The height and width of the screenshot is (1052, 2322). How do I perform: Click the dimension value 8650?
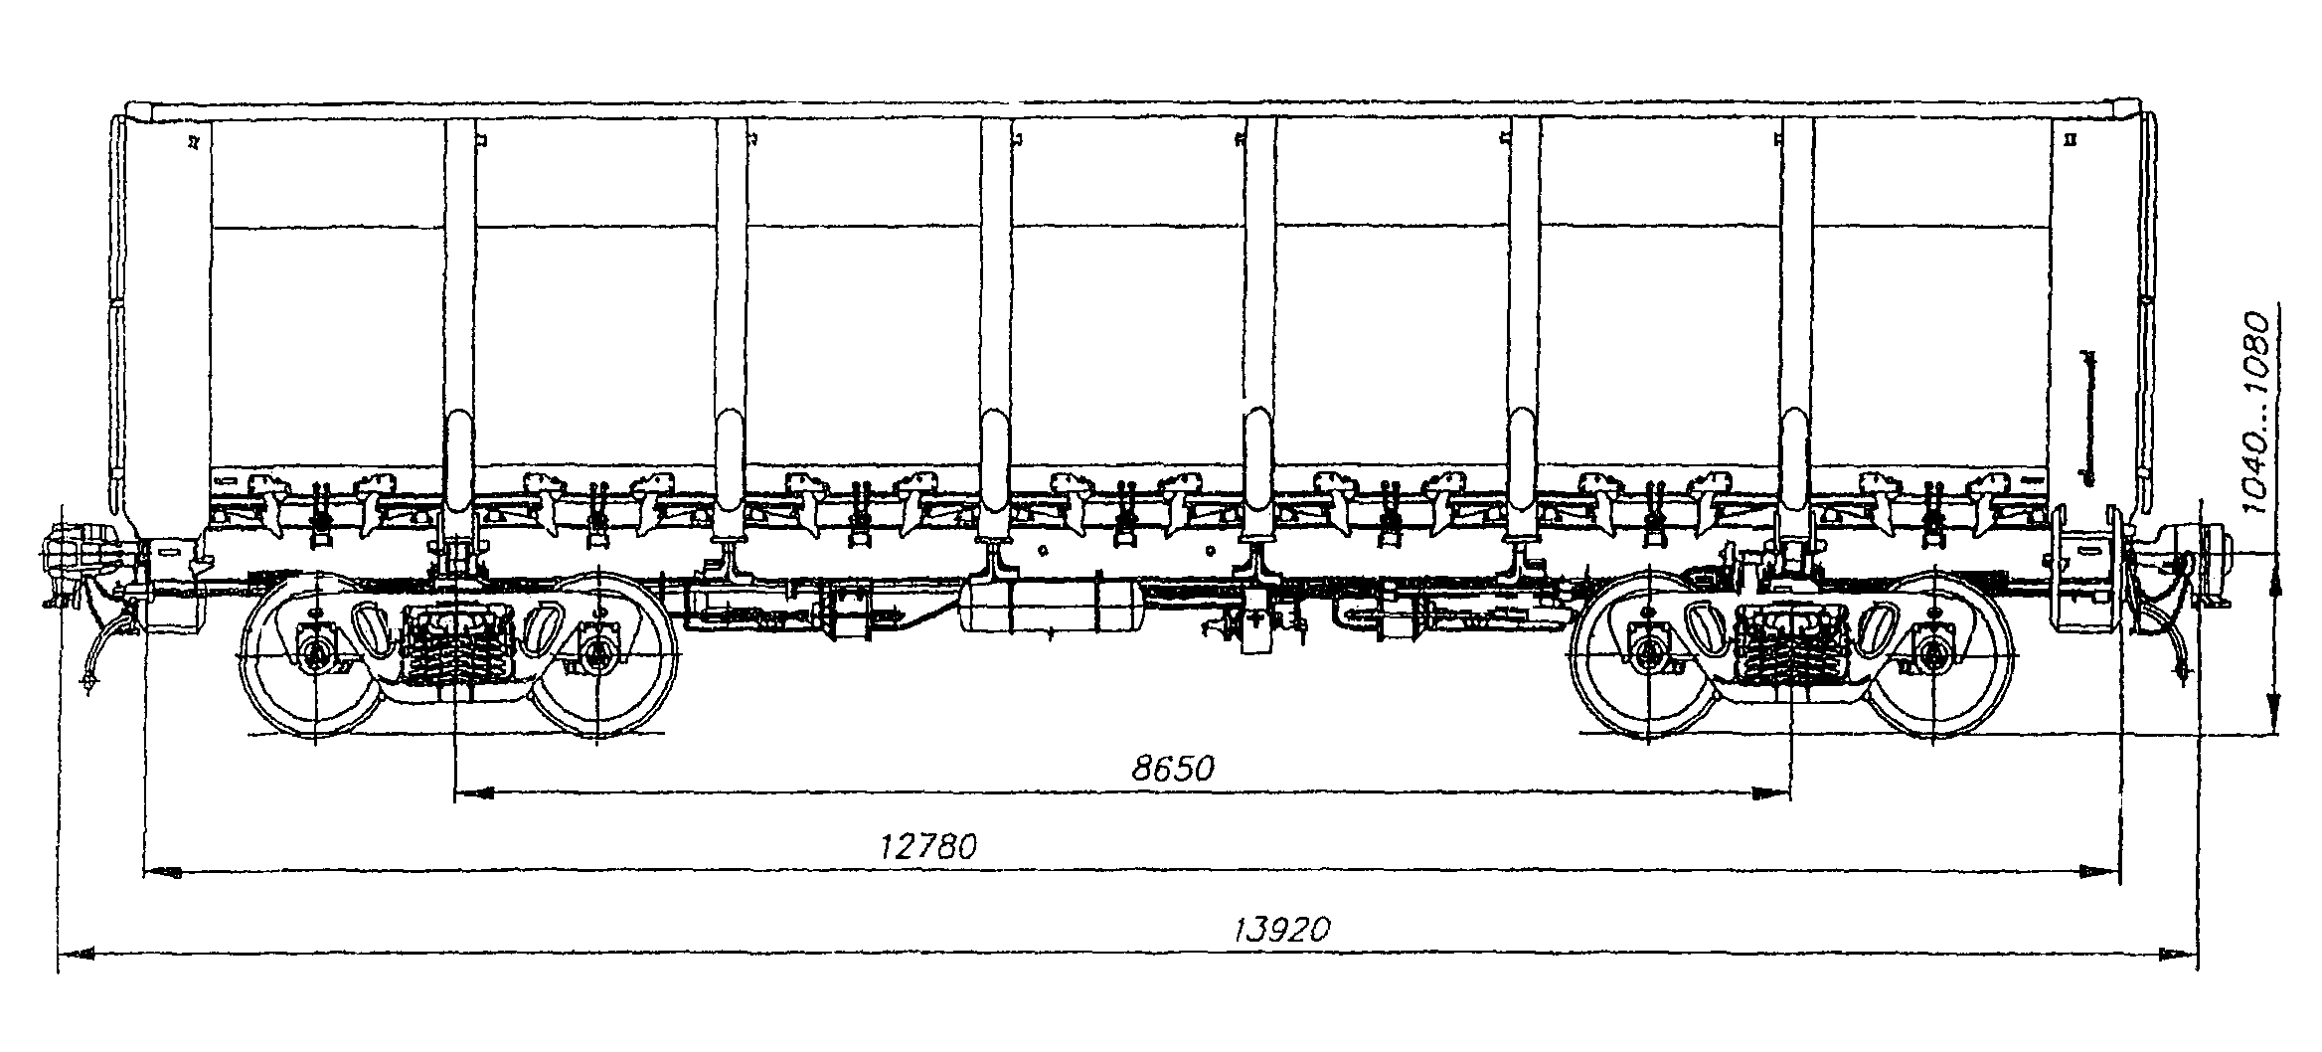pos(1173,769)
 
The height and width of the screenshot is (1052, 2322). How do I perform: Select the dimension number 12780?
pos(928,847)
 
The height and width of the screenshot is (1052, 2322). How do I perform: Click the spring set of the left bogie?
pos(456,651)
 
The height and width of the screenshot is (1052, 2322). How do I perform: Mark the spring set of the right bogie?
pos(1789,651)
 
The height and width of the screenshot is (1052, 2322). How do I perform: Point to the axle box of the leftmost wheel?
pos(316,653)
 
